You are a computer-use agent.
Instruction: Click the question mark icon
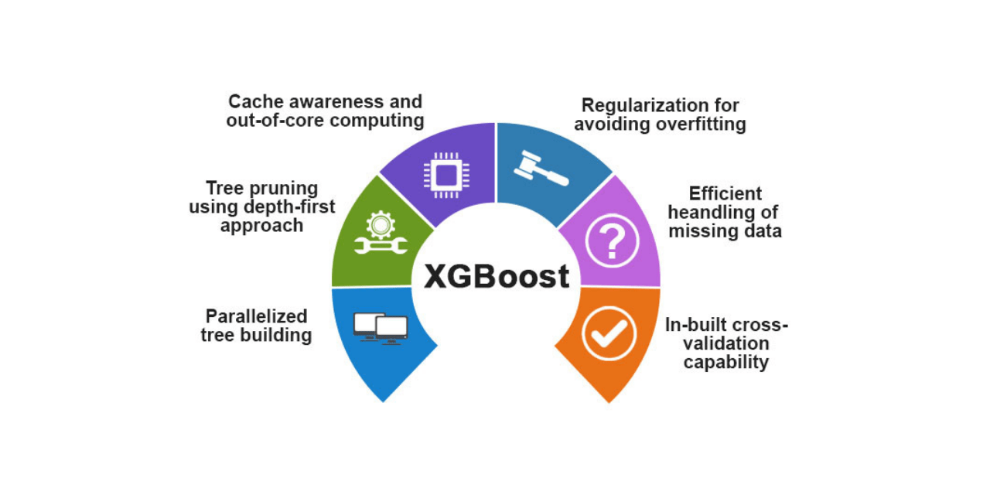click(611, 241)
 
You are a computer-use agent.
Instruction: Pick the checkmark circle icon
click(609, 333)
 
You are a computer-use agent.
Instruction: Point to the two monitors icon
click(381, 328)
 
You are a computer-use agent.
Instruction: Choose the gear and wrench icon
click(381, 234)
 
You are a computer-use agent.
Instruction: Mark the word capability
click(726, 362)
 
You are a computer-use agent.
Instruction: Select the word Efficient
click(725, 193)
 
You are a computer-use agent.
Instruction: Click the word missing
click(699, 230)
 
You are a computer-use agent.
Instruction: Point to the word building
click(276, 335)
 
